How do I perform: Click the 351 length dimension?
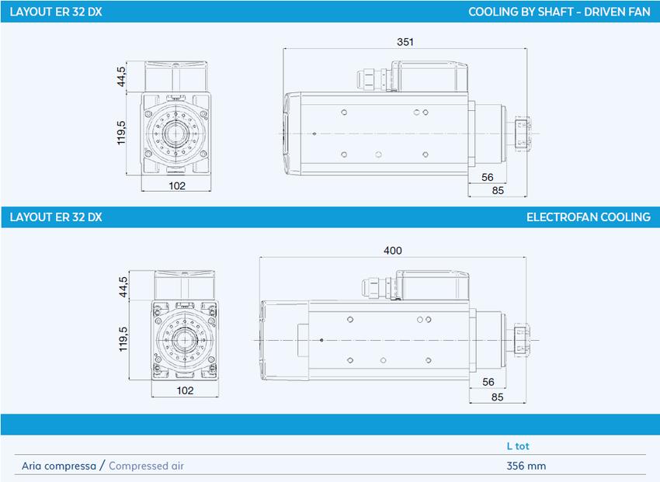point(405,42)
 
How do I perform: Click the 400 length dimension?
point(393,250)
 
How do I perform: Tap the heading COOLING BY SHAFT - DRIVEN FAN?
point(559,12)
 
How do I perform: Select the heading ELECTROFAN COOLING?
point(588,217)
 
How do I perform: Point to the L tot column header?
point(518,446)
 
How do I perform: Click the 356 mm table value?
point(526,466)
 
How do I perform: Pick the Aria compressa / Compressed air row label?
point(103,466)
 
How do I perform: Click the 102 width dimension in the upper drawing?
point(176,186)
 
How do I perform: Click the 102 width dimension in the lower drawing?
point(185,390)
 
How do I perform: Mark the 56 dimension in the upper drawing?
point(488,177)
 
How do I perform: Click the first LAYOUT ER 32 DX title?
point(56,12)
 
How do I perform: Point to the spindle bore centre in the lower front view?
point(185,339)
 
